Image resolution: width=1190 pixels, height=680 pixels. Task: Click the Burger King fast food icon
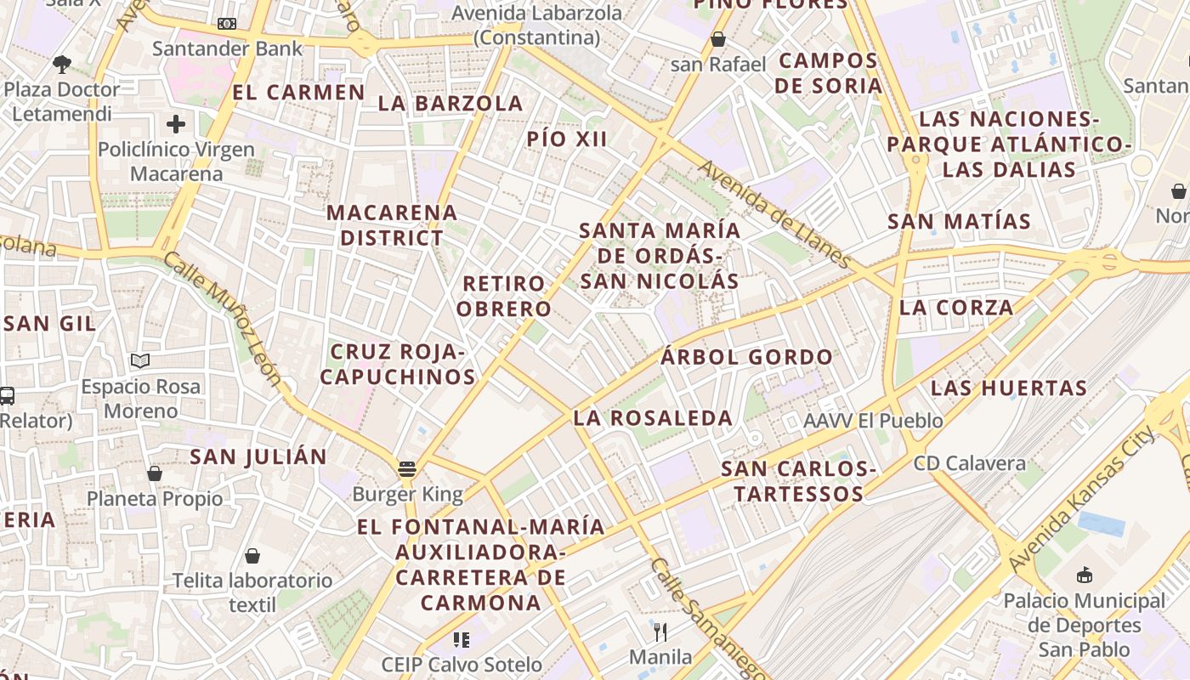coord(407,469)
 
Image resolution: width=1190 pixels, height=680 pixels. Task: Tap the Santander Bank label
coord(227,48)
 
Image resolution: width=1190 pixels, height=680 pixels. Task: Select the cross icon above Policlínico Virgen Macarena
coord(176,125)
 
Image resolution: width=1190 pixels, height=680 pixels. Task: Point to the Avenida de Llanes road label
coord(774,213)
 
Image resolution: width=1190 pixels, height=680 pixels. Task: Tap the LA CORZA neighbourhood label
coord(956,308)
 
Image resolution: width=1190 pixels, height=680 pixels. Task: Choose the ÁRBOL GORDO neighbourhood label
coord(747,357)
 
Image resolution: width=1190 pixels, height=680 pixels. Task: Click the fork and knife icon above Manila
coord(660,632)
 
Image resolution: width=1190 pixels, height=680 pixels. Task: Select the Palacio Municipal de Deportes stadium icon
coord(1085,575)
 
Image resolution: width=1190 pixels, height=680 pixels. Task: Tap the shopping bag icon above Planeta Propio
coord(155,473)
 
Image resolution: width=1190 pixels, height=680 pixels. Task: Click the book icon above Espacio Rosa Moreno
coord(140,361)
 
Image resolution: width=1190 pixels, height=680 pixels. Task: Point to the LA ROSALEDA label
coord(653,418)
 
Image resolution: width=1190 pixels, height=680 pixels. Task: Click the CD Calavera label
coord(969,464)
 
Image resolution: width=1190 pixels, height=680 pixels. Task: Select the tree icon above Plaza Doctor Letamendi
coord(61,64)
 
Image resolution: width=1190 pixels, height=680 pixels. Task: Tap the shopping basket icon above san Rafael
coord(718,39)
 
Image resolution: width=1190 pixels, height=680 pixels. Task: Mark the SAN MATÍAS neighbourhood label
coord(959,222)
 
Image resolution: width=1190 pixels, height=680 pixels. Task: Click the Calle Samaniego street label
coord(699,618)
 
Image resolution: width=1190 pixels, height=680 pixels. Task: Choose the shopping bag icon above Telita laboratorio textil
coord(252,556)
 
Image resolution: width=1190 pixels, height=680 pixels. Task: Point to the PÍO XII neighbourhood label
coord(567,139)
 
